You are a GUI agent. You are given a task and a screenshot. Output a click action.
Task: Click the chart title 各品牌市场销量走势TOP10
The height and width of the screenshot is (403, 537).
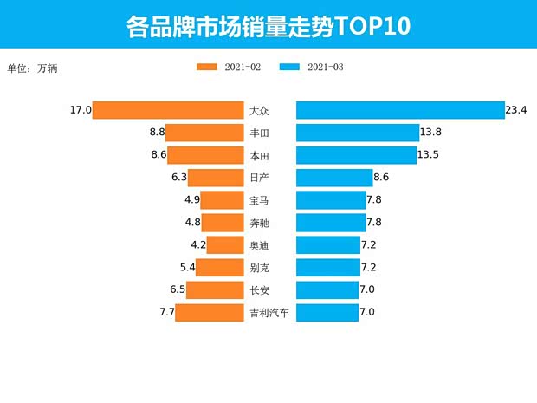268,26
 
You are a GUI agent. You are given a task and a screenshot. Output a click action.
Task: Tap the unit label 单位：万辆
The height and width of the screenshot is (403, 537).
32,68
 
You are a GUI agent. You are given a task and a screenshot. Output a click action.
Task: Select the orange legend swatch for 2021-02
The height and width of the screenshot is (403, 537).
208,68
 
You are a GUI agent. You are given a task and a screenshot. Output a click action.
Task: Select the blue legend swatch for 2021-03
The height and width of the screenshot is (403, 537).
290,68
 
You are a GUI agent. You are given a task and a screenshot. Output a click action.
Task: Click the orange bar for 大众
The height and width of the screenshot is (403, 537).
168,110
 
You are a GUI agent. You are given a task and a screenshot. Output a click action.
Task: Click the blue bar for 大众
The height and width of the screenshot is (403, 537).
400,110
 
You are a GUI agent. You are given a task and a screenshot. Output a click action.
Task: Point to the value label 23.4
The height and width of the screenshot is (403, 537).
517,110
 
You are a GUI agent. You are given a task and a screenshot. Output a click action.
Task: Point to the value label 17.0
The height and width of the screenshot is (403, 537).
81,110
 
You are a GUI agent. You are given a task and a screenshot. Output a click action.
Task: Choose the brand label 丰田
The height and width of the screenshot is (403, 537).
259,133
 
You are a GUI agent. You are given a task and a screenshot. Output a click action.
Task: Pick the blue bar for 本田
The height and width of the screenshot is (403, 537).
356,155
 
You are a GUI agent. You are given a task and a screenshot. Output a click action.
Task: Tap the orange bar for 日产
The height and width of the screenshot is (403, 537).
216,178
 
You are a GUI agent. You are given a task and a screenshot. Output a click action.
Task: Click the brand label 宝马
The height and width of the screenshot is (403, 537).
259,200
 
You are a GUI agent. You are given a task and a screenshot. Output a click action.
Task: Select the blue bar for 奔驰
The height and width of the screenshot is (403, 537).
331,223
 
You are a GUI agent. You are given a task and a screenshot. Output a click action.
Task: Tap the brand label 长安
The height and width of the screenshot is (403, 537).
259,289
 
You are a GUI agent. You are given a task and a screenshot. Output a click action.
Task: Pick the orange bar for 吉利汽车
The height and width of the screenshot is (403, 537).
209,312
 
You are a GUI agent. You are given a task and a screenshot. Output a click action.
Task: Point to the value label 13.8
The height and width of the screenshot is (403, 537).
431,133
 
